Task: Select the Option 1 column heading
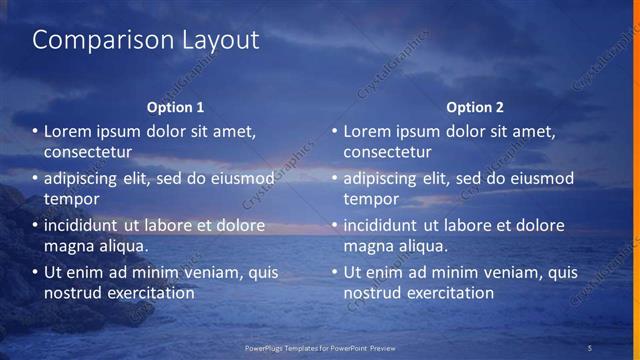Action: click(x=175, y=107)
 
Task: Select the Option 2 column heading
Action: click(x=475, y=107)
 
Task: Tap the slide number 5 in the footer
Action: click(x=590, y=347)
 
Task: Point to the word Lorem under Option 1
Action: click(x=68, y=131)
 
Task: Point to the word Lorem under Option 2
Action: click(x=368, y=131)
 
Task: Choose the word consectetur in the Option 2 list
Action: click(x=388, y=152)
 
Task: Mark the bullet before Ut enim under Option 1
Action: click(x=35, y=272)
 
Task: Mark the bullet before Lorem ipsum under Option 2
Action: click(x=335, y=131)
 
